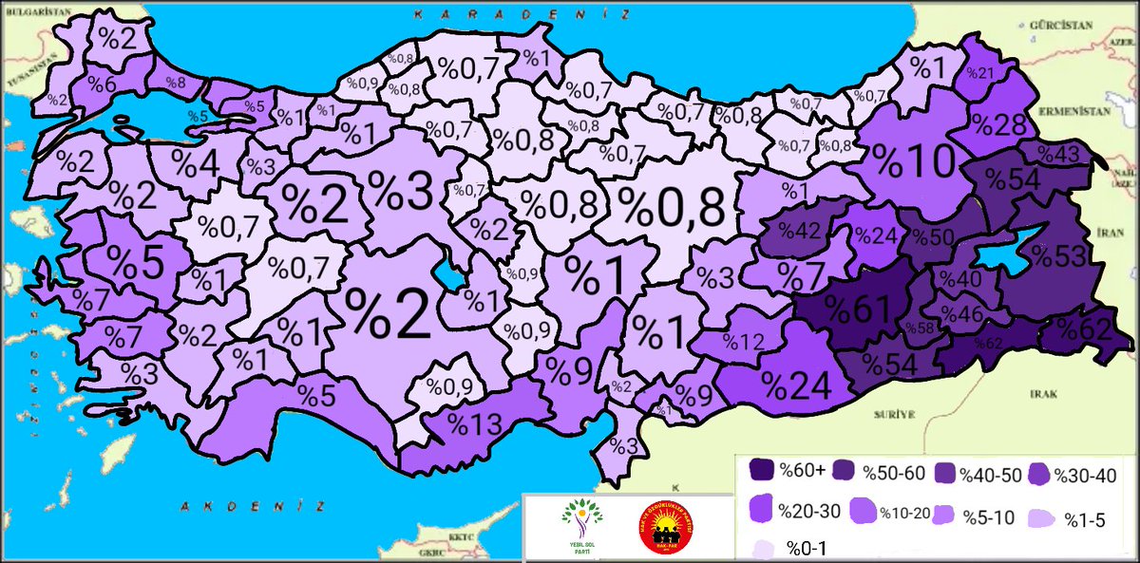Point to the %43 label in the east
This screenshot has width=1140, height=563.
[1055, 152]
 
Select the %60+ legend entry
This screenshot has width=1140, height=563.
[785, 470]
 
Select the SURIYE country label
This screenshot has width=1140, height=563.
[899, 415]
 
